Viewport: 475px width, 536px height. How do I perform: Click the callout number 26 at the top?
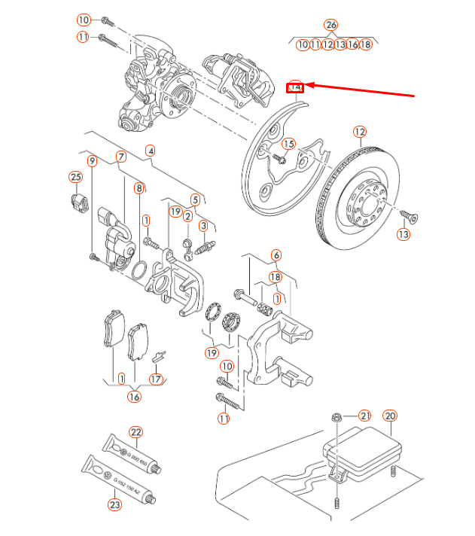point(331,25)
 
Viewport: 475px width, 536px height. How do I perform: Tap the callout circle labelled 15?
point(289,144)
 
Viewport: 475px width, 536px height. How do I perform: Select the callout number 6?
point(276,255)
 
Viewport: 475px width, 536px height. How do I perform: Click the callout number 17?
point(156,379)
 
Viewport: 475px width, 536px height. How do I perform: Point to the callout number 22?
point(135,432)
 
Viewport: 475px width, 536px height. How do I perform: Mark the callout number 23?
point(114,505)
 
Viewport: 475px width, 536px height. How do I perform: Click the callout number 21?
point(365,416)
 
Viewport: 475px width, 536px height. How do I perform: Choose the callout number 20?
point(389,416)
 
